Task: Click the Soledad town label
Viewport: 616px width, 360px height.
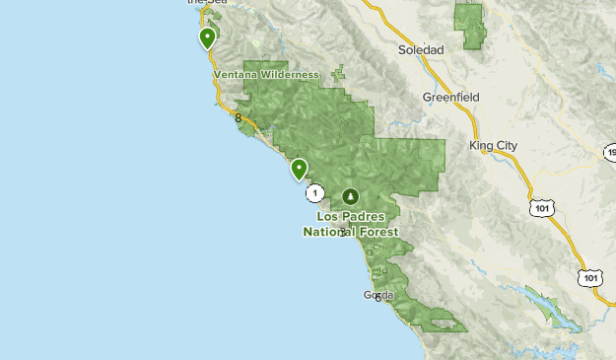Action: click(421, 49)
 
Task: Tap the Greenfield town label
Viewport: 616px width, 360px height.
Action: click(450, 98)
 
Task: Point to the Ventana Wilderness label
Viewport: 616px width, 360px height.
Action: click(266, 75)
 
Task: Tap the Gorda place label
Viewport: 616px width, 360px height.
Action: click(378, 295)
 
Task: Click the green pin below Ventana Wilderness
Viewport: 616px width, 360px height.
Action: click(299, 169)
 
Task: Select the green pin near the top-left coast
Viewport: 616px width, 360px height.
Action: click(207, 37)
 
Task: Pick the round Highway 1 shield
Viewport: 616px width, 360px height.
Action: click(314, 191)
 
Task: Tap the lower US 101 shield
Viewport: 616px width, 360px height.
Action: click(590, 278)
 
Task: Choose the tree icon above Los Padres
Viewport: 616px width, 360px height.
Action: click(350, 196)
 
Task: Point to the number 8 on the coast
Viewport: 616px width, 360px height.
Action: click(239, 118)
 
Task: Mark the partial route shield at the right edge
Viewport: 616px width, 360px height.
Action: click(610, 153)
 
